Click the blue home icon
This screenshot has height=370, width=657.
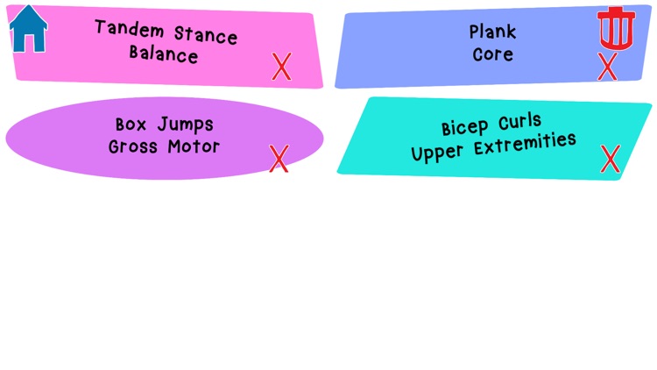pos(28,29)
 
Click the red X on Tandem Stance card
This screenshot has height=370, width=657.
pos(281,67)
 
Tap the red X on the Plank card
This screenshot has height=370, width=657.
pos(607,67)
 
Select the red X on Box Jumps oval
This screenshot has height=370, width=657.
pos(279,159)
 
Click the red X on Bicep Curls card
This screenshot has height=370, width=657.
pos(610,159)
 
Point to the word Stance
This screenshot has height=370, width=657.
pos(206,35)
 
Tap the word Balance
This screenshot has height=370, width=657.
pos(164,54)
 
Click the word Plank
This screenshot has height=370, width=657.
pos(493,32)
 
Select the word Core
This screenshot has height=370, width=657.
pos(493,54)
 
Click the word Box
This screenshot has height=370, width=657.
pos(132,125)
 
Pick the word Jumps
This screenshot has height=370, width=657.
pos(185,125)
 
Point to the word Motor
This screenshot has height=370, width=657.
pos(195,146)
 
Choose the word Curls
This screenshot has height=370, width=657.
pos(520,121)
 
